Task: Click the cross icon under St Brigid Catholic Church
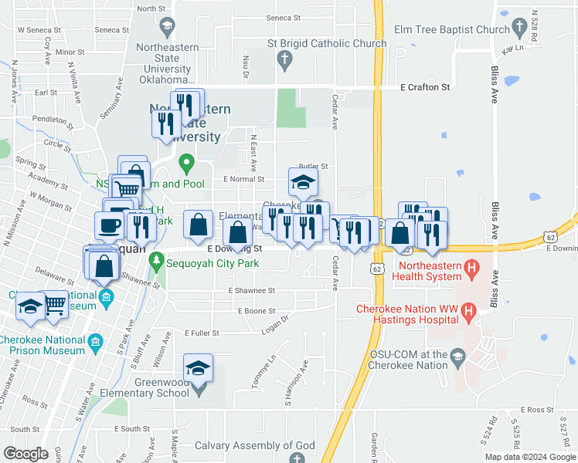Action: (285, 59)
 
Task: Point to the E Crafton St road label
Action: (425, 88)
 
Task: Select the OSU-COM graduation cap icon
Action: (458, 354)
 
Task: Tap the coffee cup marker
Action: (108, 225)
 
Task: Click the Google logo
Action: (25, 454)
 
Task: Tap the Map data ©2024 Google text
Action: (529, 457)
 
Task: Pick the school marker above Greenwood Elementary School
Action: (199, 369)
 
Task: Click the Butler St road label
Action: (314, 166)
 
